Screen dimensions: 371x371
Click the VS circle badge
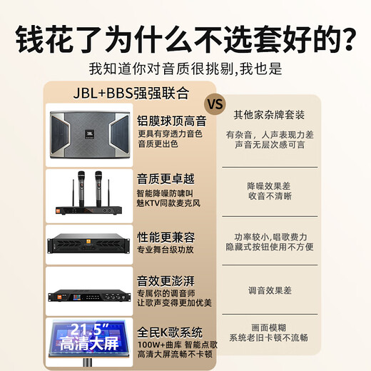[x=215, y=101]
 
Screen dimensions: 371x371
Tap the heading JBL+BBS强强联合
[x=132, y=92]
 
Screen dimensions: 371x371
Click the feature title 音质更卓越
[x=165, y=178]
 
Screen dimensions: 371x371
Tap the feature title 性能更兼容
[x=165, y=235]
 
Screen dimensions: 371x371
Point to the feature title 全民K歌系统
[x=170, y=332]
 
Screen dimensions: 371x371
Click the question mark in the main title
[x=350, y=37]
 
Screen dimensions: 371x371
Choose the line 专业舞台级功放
[x=164, y=250]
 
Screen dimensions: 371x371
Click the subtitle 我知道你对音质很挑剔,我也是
[x=185, y=69]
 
